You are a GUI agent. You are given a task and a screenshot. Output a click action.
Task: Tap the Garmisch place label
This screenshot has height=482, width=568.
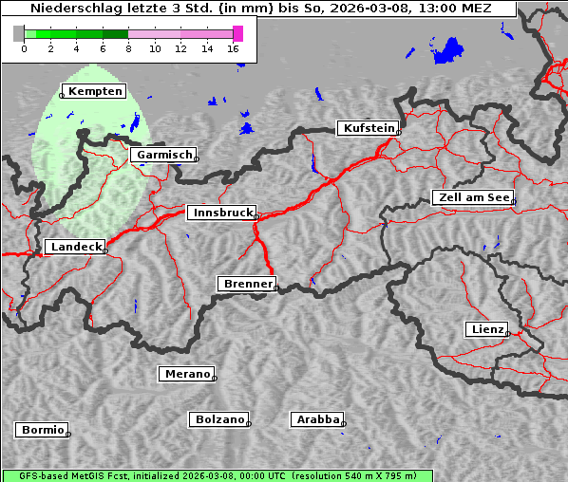click(x=164, y=155)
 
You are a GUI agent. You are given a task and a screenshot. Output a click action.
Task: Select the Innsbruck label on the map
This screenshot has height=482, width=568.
click(x=221, y=213)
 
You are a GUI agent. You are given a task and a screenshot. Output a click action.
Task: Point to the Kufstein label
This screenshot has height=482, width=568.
click(x=368, y=128)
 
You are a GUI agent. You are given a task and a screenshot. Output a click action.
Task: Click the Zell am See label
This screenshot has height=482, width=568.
click(x=472, y=197)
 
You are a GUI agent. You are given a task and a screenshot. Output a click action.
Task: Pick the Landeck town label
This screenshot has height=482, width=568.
click(x=74, y=247)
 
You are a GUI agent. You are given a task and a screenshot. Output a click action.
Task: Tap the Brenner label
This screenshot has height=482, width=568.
click(x=247, y=284)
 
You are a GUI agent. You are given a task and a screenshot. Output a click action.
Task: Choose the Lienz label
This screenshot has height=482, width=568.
click(x=486, y=329)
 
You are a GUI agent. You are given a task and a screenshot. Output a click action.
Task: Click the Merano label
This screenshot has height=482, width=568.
click(x=186, y=374)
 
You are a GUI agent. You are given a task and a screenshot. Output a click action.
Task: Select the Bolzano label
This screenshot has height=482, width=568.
click(x=219, y=418)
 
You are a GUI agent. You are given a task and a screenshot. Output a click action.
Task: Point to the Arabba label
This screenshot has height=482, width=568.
click(x=317, y=418)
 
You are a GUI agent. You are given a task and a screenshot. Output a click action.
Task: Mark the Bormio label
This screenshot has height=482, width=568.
click(x=42, y=430)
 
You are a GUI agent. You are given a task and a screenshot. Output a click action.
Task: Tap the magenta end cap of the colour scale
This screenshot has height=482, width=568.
click(x=237, y=33)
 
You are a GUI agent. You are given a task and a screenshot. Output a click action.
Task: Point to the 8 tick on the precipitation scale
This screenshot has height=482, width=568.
click(x=127, y=48)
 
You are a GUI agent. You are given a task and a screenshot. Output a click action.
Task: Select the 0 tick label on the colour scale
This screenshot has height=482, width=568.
click(x=23, y=48)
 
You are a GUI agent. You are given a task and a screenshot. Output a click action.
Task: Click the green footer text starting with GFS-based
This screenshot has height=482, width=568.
click(x=217, y=475)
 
